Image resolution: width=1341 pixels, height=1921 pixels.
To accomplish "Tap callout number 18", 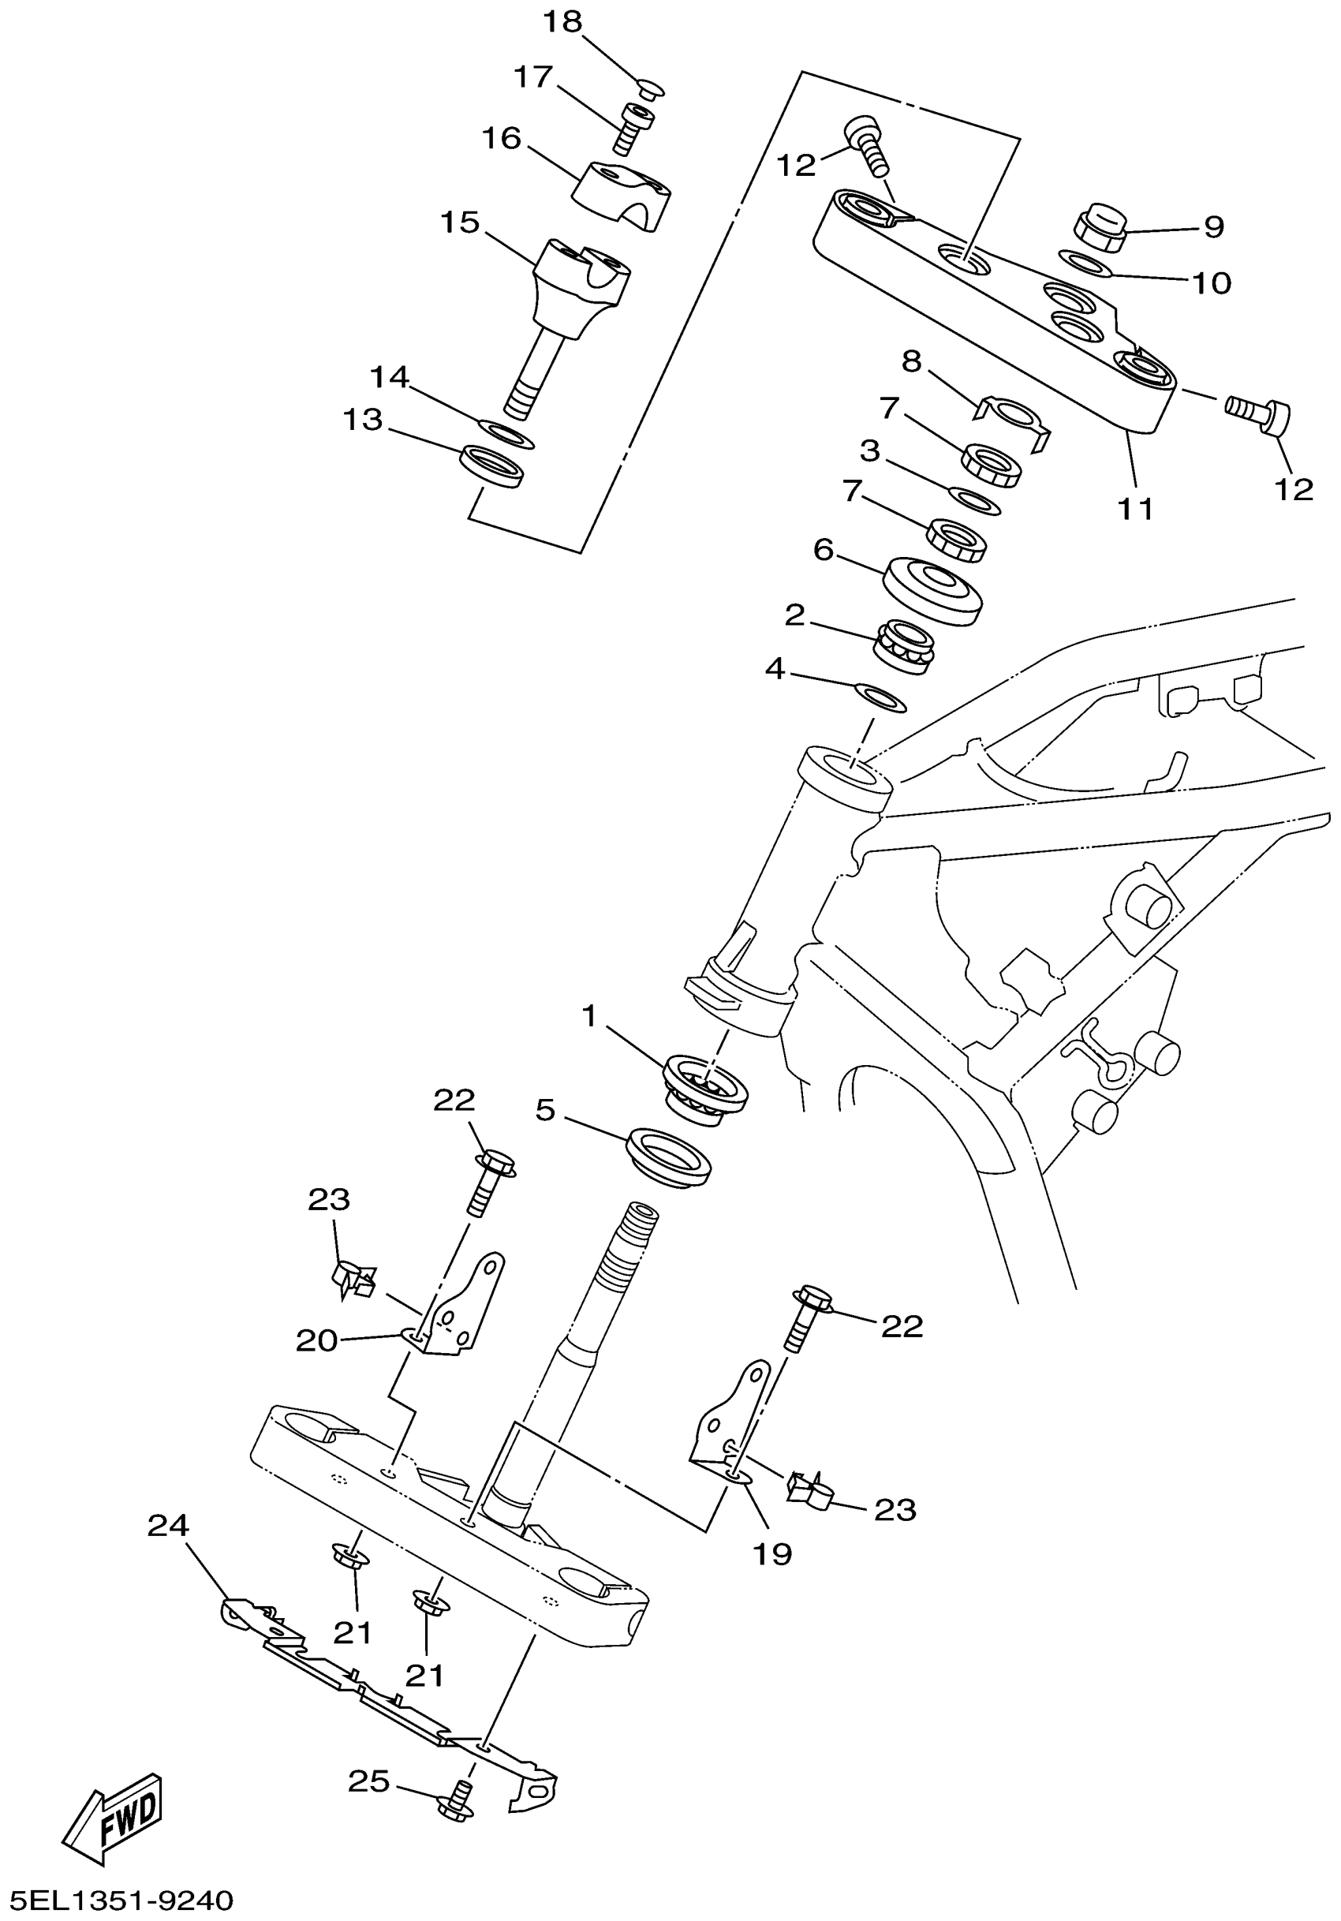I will tap(562, 23).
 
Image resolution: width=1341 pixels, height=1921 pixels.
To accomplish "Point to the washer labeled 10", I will tap(1085, 263).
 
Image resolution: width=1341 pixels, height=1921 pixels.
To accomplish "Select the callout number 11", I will tap(1135, 508).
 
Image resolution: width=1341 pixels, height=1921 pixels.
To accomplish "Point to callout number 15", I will tap(460, 222).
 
